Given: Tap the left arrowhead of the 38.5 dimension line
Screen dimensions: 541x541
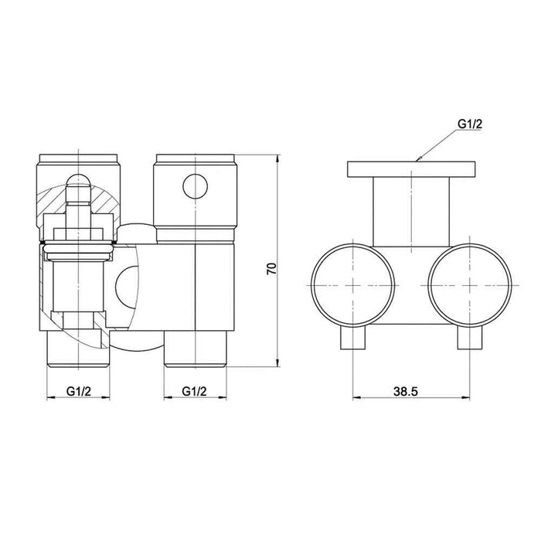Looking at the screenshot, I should (356, 399).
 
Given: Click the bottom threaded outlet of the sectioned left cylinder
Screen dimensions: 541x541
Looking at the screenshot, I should (77, 348).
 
